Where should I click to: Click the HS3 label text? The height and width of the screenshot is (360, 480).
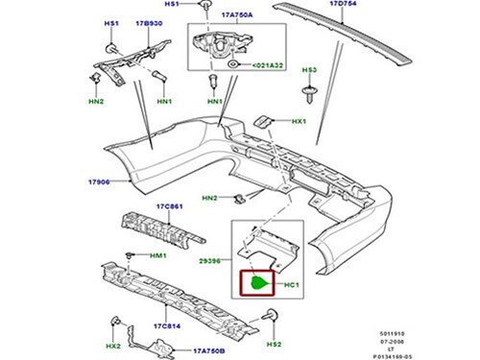310,70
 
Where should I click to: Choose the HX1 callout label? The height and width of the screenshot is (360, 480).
299,121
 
